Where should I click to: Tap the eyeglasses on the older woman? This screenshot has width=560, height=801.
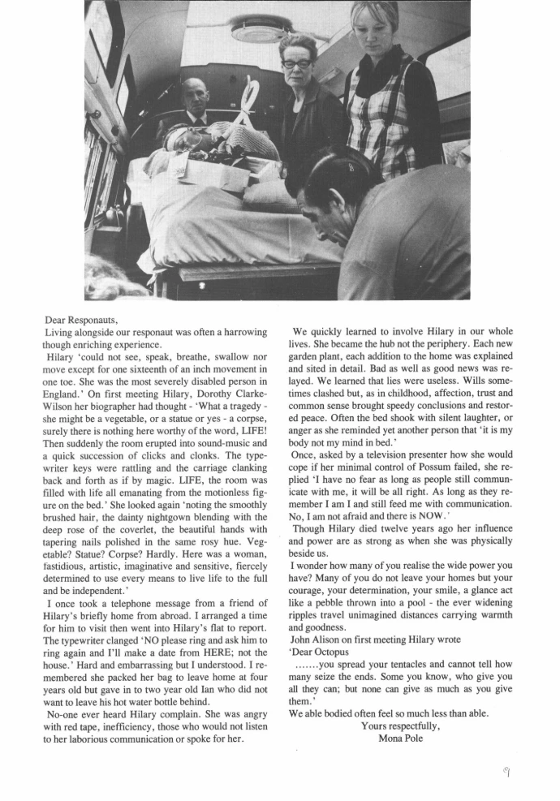pyautogui.click(x=298, y=63)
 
